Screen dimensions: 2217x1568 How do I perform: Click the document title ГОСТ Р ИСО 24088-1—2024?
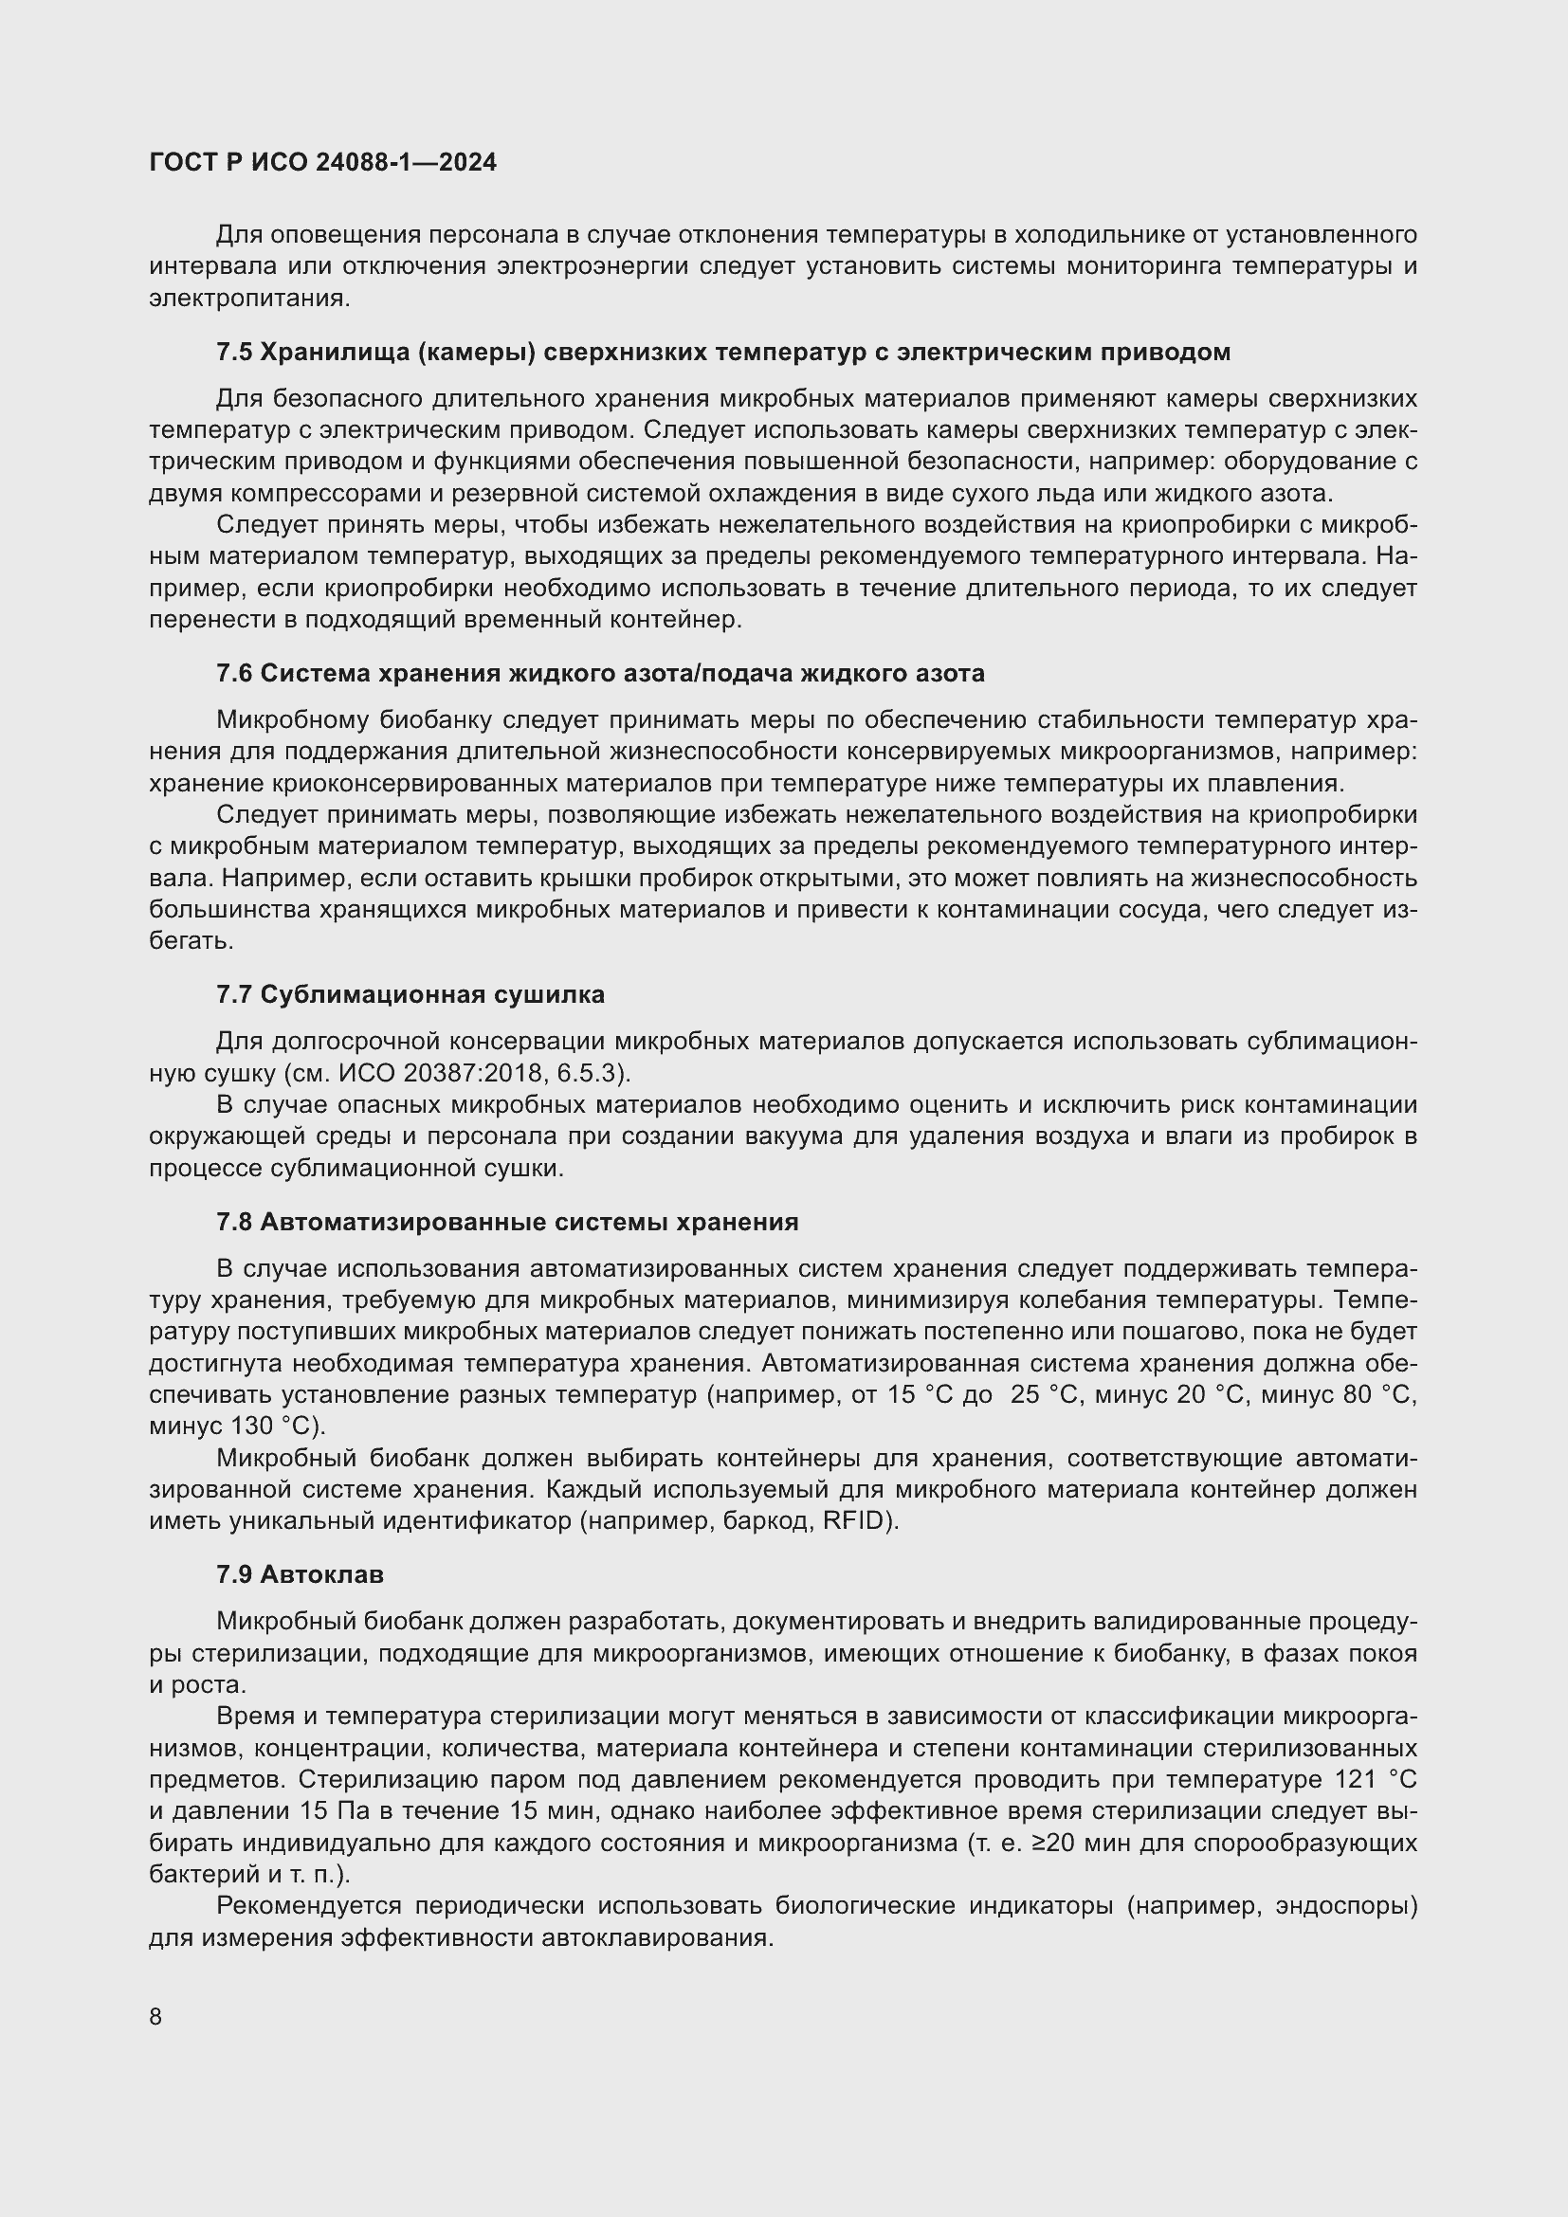pyautogui.click(x=323, y=162)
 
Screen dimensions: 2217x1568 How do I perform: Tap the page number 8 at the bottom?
pyautogui.click(x=155, y=2017)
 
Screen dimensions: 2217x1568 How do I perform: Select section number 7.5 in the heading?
pyautogui.click(x=233, y=353)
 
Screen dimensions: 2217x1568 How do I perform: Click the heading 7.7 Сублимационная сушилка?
pyautogui.click(x=410, y=994)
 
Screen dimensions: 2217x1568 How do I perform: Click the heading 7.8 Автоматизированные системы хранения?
pyautogui.click(x=507, y=1223)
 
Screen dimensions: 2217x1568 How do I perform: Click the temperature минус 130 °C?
pyautogui.click(x=237, y=1426)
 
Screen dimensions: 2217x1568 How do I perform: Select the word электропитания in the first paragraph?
pyautogui.click(x=246, y=299)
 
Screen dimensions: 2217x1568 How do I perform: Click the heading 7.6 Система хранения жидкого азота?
pyautogui.click(x=599, y=674)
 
